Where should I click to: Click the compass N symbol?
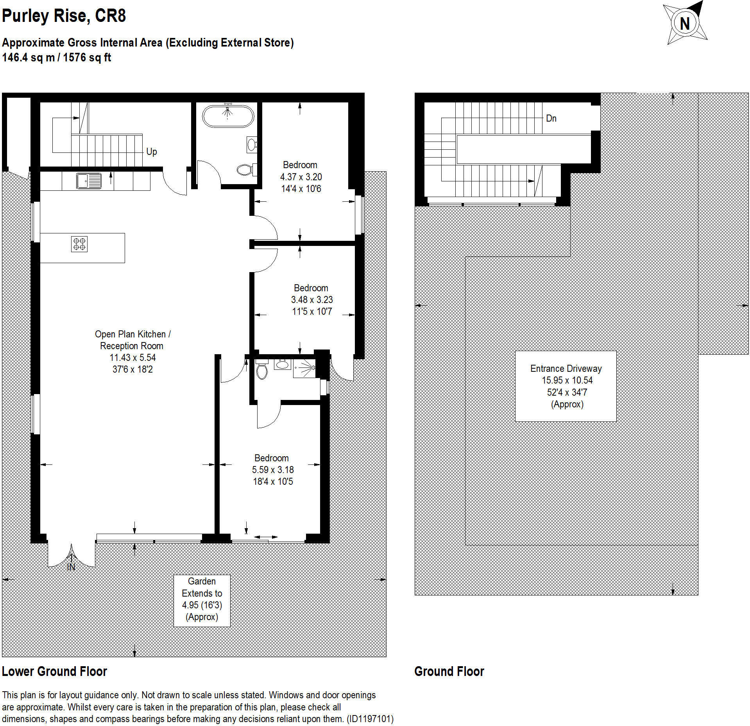click(x=685, y=23)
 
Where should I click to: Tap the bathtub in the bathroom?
click(x=228, y=116)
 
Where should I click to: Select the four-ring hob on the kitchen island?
click(x=79, y=244)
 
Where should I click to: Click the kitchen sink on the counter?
click(x=89, y=181)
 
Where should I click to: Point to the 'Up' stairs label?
click(x=151, y=151)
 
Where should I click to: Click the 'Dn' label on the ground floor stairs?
click(x=551, y=118)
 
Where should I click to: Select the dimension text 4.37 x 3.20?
click(x=301, y=177)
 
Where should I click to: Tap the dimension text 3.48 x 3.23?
click(x=312, y=299)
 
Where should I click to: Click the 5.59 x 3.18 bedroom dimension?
click(x=273, y=470)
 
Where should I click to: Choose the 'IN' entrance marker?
click(x=71, y=567)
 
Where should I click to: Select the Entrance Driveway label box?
click(x=566, y=386)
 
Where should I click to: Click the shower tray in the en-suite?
click(x=304, y=368)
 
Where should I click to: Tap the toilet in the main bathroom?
click(x=245, y=170)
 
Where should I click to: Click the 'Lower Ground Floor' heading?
click(x=54, y=671)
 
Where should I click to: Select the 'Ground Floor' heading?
click(x=449, y=671)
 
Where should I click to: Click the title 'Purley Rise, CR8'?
click(x=64, y=16)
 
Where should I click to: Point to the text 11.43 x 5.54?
click(x=132, y=357)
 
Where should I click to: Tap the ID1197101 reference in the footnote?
click(x=370, y=719)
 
